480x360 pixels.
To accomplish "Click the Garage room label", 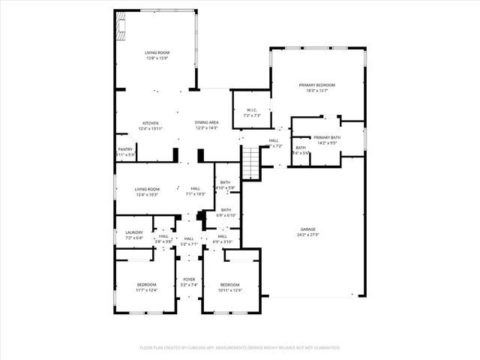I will pyautogui.click(x=307, y=229).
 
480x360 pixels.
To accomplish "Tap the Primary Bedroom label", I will pyautogui.click(x=317, y=85).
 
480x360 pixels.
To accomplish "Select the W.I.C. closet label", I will pyautogui.click(x=251, y=109).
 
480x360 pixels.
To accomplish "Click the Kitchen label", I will pyautogui.click(x=151, y=123).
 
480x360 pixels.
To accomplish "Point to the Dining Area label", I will pyautogui.click(x=206, y=122).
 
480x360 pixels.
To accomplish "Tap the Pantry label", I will pyautogui.click(x=125, y=149).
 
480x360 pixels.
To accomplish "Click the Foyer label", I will pyautogui.click(x=188, y=280).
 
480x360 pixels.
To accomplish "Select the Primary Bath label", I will pyautogui.click(x=327, y=137).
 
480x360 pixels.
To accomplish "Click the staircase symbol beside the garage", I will pyautogui.click(x=250, y=160).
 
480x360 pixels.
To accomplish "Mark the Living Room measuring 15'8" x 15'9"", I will pyautogui.click(x=157, y=52).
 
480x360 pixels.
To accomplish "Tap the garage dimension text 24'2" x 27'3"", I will pyautogui.click(x=307, y=235).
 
